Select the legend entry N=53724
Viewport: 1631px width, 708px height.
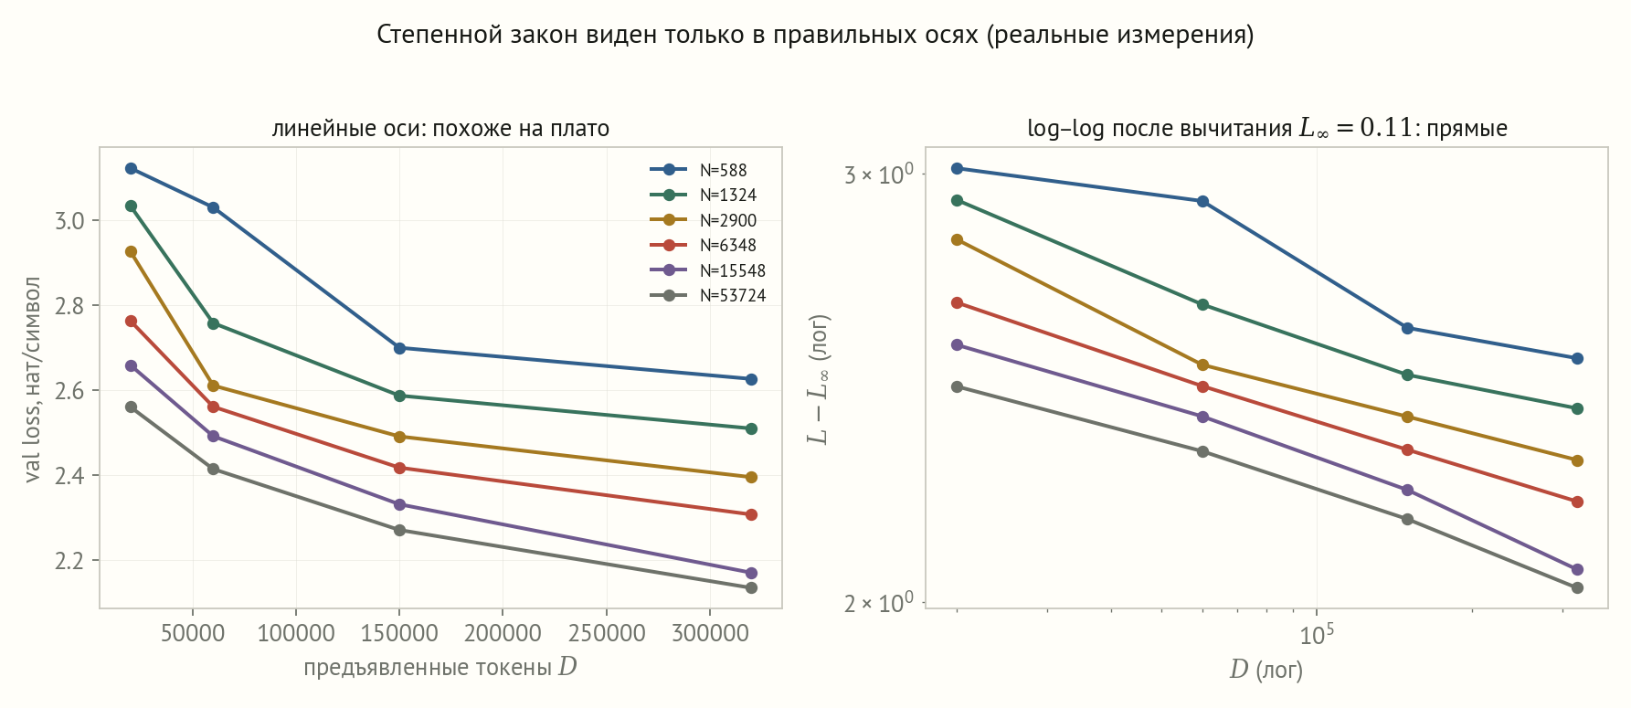[708, 295]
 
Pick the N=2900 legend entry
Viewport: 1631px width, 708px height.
[704, 220]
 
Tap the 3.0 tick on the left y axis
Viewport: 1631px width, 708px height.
[69, 221]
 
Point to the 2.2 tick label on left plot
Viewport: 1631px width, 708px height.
[69, 561]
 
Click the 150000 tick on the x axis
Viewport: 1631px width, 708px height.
[399, 633]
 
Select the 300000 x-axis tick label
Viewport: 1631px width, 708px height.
[710, 633]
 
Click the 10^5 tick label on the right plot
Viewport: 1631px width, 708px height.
[1317, 634]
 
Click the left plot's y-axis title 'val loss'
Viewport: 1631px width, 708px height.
[33, 379]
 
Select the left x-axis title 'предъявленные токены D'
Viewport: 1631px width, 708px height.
[440, 667]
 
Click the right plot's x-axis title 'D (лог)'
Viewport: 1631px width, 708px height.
[1266, 670]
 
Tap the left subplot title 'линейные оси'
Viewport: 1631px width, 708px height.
[440, 128]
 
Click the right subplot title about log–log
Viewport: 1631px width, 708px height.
[1267, 128]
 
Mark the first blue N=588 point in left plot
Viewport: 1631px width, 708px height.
[131, 168]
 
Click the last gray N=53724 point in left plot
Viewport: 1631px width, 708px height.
[751, 587]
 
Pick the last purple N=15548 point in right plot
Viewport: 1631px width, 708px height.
[1577, 569]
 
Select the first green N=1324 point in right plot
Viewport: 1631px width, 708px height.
[957, 200]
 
